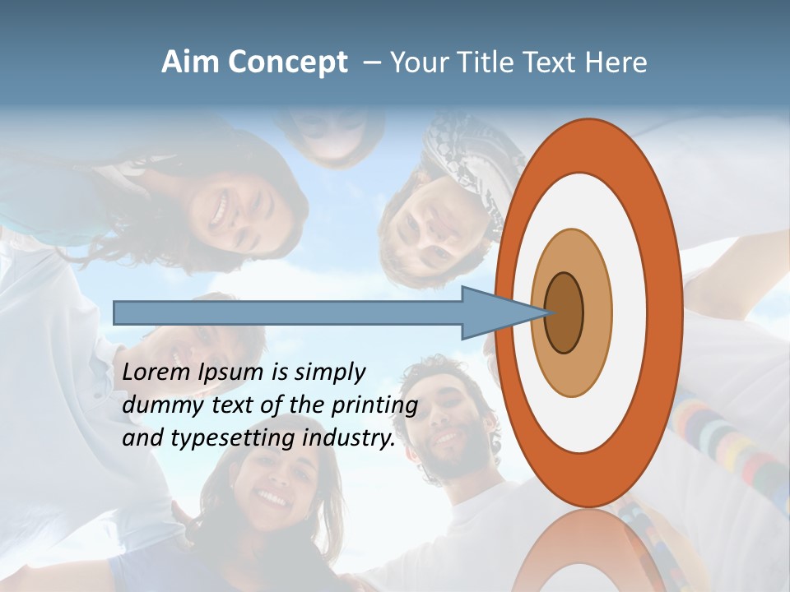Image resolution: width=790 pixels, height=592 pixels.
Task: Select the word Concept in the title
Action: tap(287, 62)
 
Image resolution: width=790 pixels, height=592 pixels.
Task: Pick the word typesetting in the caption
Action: tap(244, 438)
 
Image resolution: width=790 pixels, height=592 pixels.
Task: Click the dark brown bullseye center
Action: tap(564, 312)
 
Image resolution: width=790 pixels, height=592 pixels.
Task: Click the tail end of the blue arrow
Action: tap(116, 312)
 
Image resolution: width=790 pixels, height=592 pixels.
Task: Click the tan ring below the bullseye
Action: tap(572, 374)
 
